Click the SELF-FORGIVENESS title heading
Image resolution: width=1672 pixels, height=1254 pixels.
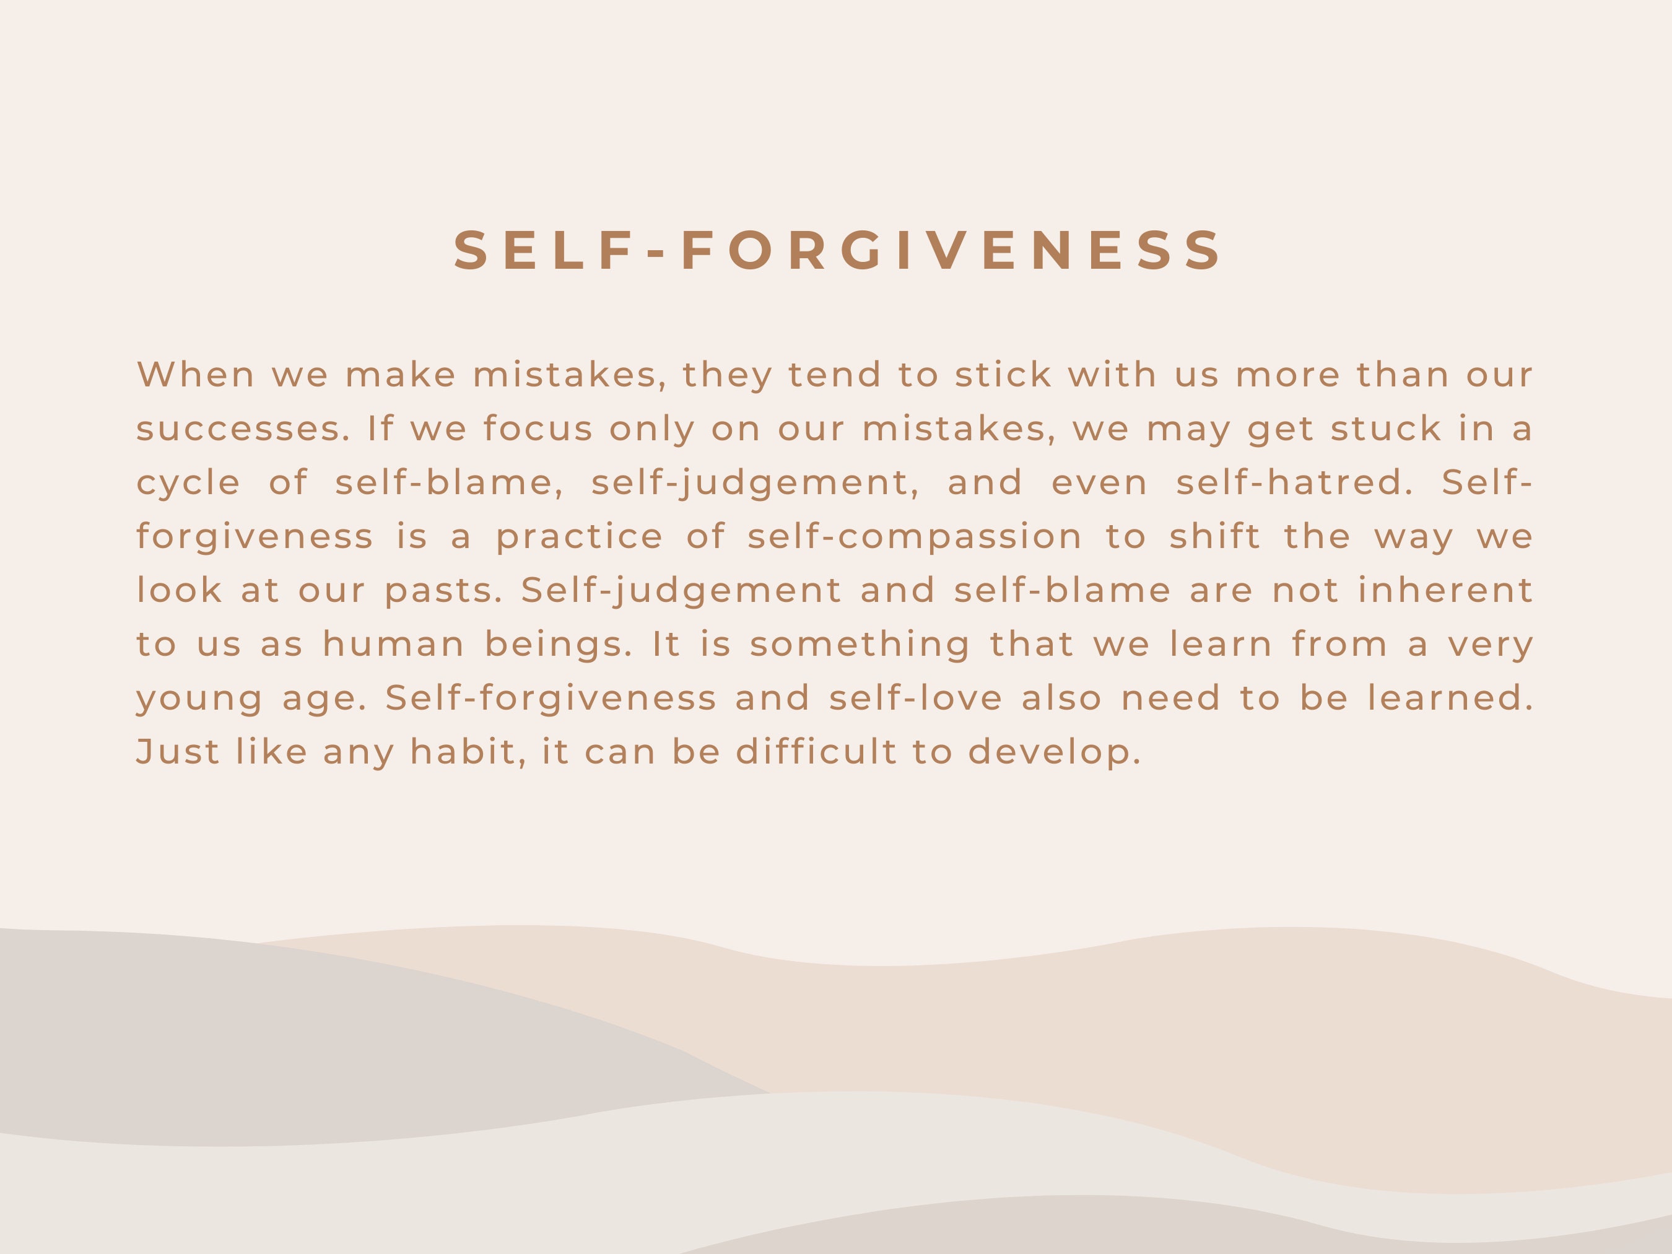coord(837,250)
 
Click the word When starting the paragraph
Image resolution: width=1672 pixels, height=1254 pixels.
coord(196,375)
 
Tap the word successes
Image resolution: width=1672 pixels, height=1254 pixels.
coord(243,429)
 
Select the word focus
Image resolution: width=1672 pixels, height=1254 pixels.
coord(538,429)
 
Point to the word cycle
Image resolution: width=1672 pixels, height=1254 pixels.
coord(188,483)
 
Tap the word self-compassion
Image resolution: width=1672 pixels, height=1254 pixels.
coord(915,537)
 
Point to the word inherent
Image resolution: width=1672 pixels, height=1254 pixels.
coord(1445,590)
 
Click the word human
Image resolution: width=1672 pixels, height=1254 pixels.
coord(393,645)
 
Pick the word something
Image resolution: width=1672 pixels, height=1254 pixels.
coord(860,645)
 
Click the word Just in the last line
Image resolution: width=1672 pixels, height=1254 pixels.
coord(178,752)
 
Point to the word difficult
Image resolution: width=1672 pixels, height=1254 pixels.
coord(816,752)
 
